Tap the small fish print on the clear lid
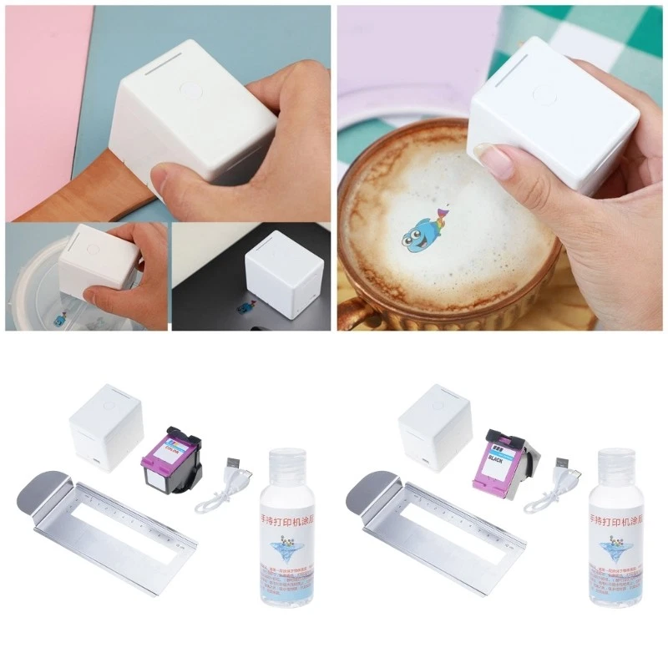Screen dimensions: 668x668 (60, 319)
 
